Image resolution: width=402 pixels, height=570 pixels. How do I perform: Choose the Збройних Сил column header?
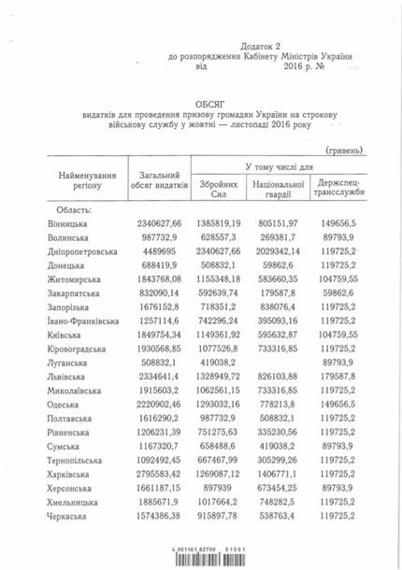tap(220, 192)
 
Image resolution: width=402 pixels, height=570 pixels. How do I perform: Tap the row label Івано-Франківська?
tap(84, 321)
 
